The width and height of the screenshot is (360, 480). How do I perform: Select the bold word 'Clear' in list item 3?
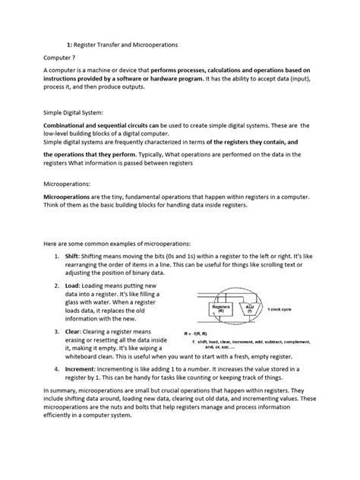point(72,332)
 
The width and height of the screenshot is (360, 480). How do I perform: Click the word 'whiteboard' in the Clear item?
point(88,353)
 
